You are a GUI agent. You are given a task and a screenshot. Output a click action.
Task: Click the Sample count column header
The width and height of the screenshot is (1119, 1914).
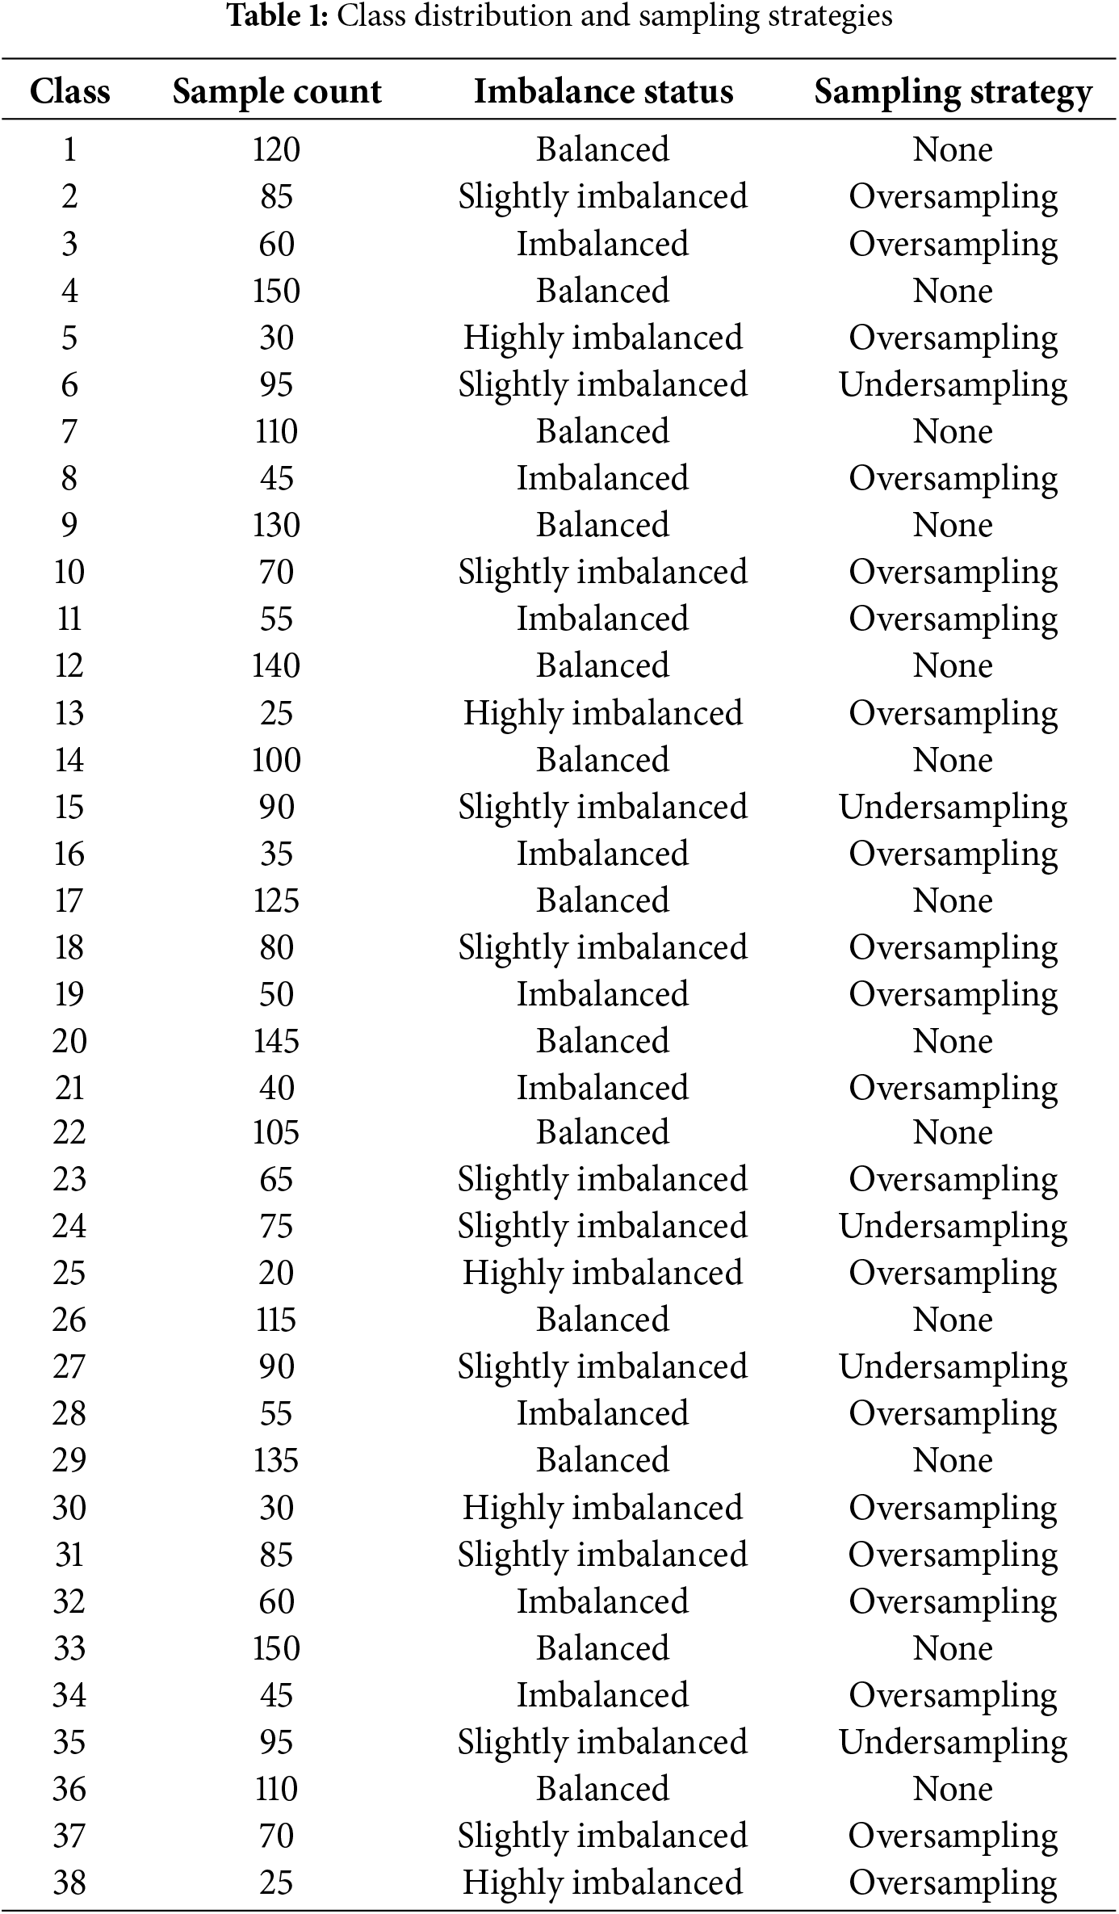coord(276,91)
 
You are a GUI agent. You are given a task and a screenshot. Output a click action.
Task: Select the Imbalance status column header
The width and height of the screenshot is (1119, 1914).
coord(603,91)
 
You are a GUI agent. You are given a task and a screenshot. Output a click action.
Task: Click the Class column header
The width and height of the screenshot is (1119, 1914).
coord(69,91)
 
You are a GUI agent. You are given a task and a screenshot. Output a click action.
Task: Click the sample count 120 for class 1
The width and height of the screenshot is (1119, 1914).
coord(276,149)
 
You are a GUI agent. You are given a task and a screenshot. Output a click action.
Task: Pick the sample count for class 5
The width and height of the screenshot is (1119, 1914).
coord(276,338)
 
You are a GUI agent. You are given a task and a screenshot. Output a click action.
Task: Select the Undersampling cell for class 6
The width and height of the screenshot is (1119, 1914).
coord(953,385)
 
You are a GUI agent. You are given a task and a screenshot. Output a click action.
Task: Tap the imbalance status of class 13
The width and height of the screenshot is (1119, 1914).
coord(603,713)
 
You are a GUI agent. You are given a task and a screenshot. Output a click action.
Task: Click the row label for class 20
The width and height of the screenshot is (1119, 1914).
coord(69,1041)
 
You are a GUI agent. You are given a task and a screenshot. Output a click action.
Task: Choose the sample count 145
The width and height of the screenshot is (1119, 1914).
coord(276,1041)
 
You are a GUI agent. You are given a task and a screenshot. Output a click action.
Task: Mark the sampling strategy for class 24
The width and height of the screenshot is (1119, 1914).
coord(953,1227)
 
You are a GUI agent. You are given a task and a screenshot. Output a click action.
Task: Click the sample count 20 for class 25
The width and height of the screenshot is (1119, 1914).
coord(276,1274)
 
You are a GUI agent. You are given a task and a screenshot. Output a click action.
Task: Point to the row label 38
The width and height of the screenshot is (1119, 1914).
coord(69,1883)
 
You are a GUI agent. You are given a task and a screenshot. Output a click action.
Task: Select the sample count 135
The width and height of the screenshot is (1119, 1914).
coord(276,1461)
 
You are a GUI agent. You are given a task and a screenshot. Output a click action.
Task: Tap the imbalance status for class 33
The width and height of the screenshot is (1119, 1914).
coord(603,1648)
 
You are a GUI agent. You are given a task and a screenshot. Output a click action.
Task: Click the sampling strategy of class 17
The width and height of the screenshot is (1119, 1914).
coord(953,900)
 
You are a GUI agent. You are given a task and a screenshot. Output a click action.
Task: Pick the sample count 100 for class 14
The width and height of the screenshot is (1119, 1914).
coord(276,760)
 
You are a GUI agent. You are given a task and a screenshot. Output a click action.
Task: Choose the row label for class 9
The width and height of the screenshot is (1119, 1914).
coord(69,525)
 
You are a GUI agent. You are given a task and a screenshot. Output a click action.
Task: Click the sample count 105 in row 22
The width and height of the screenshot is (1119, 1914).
coord(276,1132)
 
